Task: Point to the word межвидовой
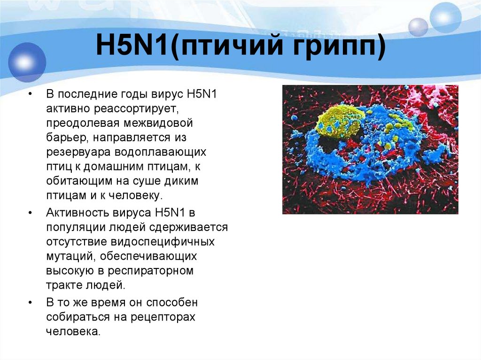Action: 160,123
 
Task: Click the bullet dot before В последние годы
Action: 30,95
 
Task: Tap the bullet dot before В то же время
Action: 30,302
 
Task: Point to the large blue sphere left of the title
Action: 27,62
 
